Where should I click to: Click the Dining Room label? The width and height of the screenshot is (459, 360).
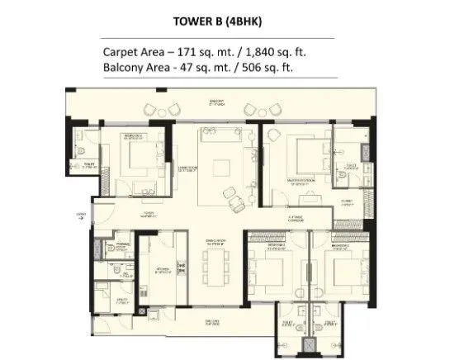click(217, 241)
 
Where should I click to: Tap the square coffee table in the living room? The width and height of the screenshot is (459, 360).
click(222, 168)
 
